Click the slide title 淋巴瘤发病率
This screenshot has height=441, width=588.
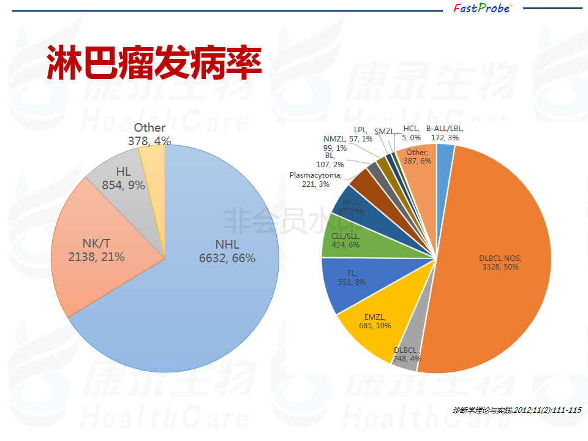click(154, 62)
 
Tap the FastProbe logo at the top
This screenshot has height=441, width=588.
click(482, 8)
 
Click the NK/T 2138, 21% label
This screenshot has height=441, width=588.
click(96, 251)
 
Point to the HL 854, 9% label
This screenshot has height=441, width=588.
click(123, 178)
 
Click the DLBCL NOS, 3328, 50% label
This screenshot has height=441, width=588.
click(499, 263)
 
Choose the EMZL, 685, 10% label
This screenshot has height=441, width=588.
click(374, 322)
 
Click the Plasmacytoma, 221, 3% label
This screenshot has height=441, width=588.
click(315, 179)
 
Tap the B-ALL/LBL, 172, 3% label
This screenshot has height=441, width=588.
click(445, 133)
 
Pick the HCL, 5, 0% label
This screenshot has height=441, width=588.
click(411, 133)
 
